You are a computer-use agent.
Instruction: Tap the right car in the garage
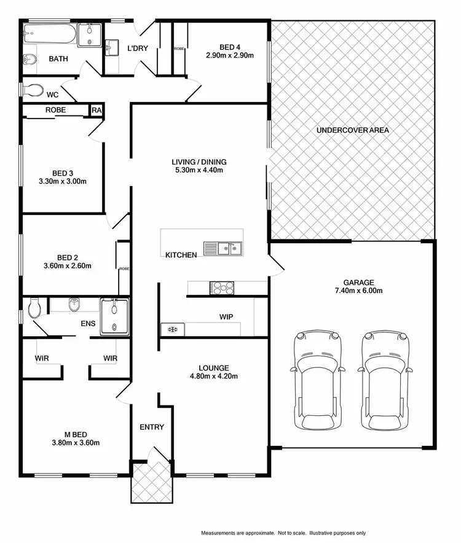(x=384, y=380)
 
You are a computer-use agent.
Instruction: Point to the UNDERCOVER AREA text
(x=353, y=130)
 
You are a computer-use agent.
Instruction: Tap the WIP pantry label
(x=226, y=317)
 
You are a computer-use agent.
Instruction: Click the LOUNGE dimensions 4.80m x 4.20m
(x=214, y=377)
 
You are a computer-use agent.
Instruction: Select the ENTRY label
(x=152, y=427)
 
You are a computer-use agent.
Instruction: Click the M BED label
(x=76, y=434)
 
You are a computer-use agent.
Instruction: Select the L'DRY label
(x=138, y=48)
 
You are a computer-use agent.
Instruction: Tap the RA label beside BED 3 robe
(x=97, y=110)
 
